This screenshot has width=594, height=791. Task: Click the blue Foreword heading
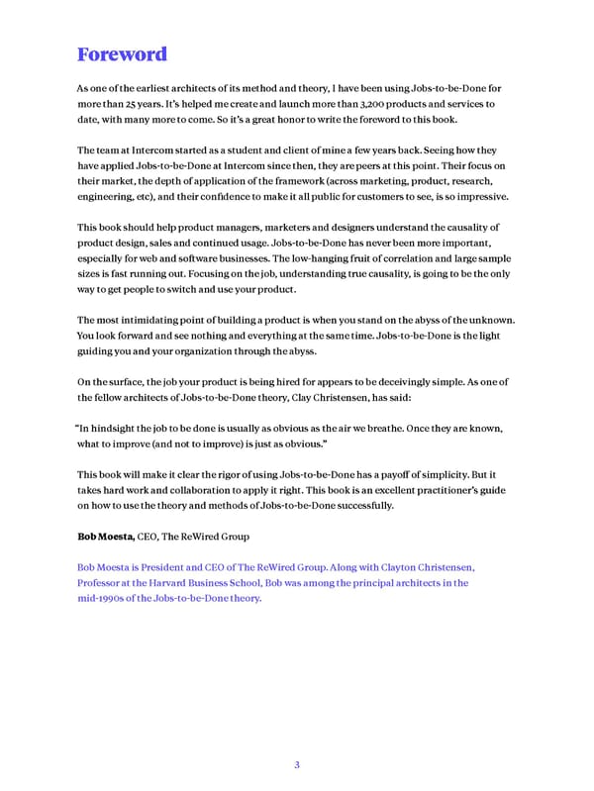(x=121, y=53)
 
